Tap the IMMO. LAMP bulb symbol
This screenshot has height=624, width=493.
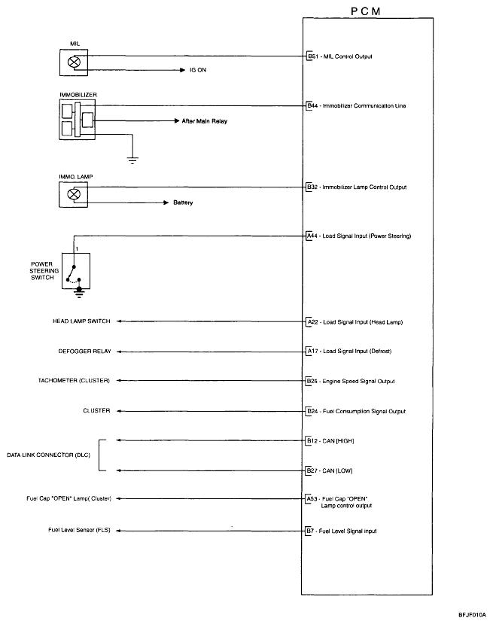tap(74, 194)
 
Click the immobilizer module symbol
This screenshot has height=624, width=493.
tap(78, 119)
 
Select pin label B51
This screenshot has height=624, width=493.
tap(312, 56)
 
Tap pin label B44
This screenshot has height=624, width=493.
tap(312, 106)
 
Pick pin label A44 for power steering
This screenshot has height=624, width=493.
tap(312, 236)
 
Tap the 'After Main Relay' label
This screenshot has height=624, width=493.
tap(204, 120)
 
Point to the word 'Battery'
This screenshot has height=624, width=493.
tap(183, 202)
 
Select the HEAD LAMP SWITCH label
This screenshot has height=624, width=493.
tap(81, 321)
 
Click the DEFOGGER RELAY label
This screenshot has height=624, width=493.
tap(84, 352)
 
